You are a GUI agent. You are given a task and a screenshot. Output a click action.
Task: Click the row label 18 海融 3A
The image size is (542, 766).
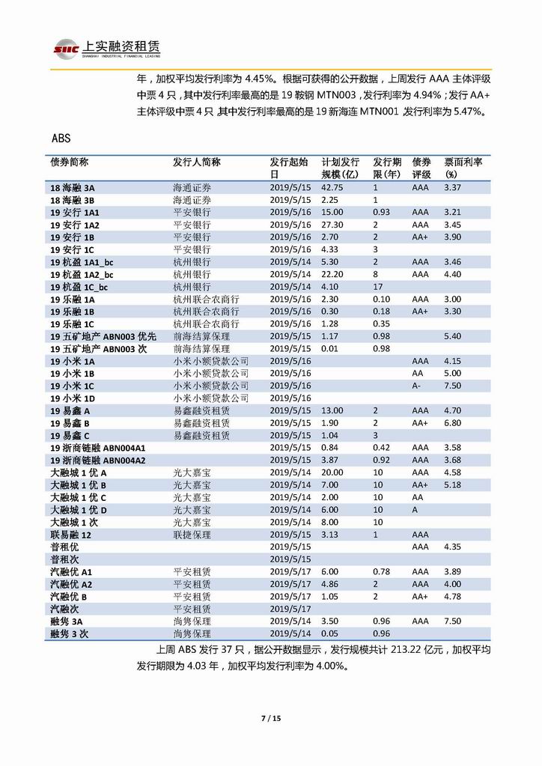point(72,188)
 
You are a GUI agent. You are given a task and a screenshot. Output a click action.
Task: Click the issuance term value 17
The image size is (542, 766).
point(378,287)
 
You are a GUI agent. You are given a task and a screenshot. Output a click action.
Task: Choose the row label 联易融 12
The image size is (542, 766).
point(70,535)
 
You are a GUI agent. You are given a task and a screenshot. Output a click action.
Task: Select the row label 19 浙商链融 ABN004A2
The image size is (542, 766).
point(97,460)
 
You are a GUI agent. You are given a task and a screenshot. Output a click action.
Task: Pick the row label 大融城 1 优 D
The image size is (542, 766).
point(79,510)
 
